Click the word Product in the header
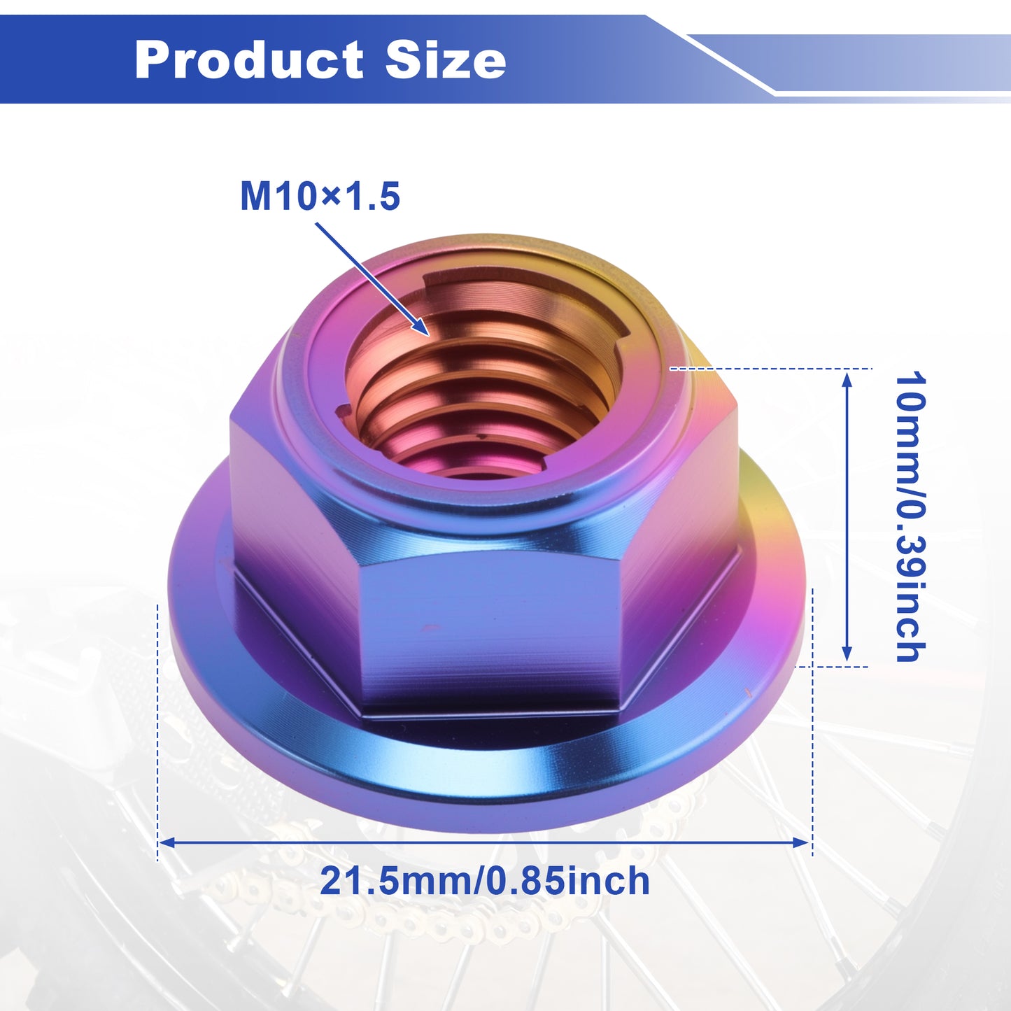coord(248,60)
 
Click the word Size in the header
coord(446,59)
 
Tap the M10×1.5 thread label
coord(320,197)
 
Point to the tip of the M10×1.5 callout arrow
coord(429,334)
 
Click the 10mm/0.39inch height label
coord(911,517)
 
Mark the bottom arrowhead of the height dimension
coord(847,653)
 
